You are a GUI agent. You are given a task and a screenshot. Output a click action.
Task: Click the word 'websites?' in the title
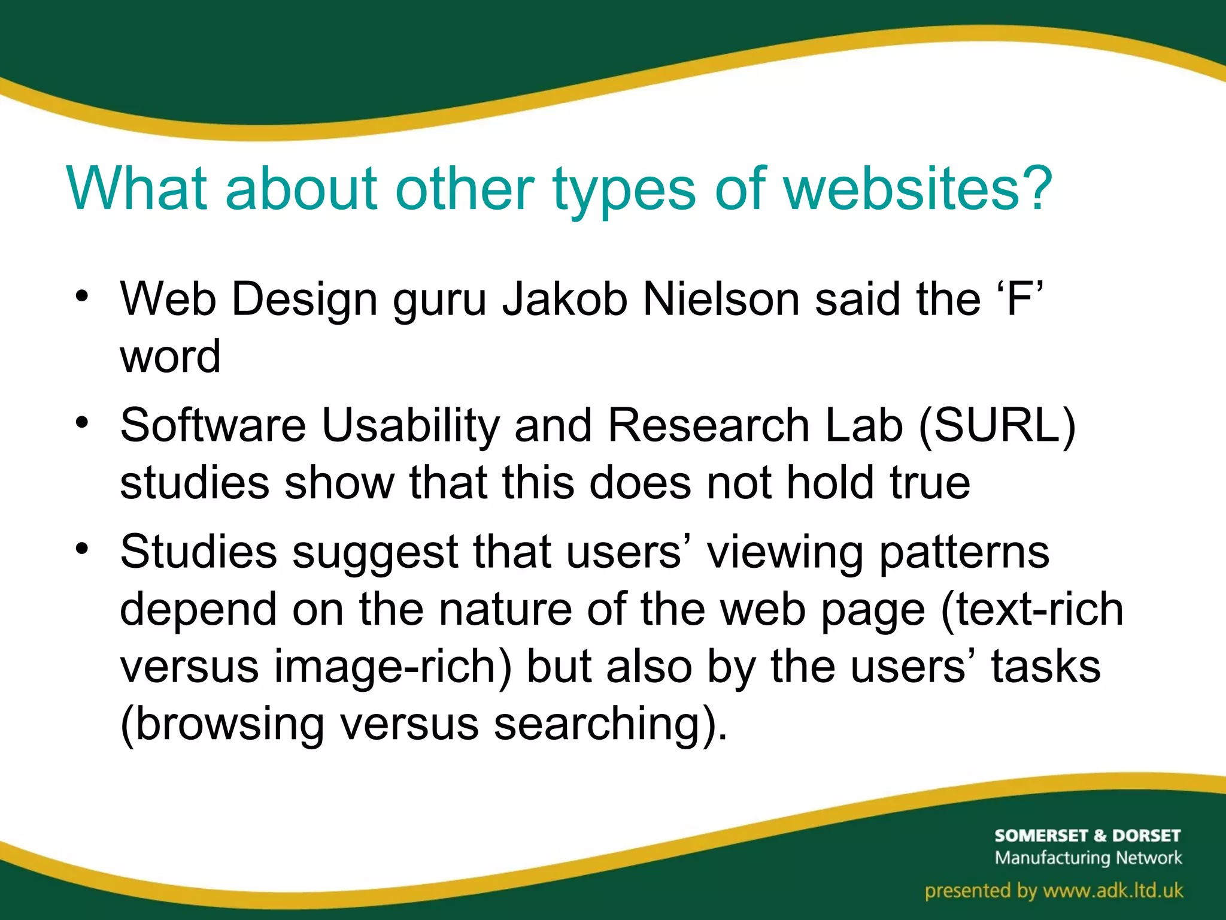click(918, 189)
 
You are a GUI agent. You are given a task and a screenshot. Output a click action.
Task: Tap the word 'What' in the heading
click(138, 189)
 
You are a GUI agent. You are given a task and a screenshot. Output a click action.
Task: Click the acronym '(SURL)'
click(996, 426)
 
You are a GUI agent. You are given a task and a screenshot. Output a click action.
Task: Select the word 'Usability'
click(410, 426)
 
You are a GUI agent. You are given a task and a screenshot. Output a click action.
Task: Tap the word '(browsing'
click(222, 724)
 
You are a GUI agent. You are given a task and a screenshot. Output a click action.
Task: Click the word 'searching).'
click(610, 724)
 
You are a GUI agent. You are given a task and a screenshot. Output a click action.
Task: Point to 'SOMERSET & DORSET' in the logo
click(1087, 836)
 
